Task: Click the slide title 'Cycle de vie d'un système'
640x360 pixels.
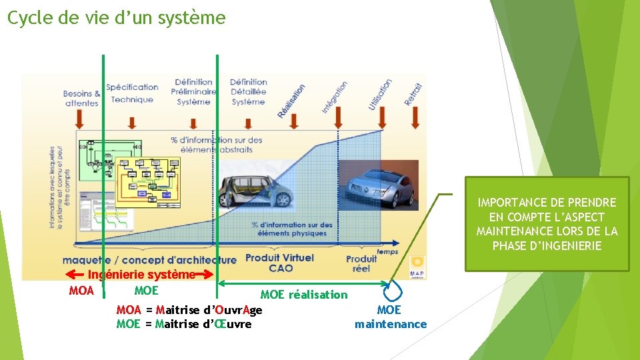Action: click(117, 18)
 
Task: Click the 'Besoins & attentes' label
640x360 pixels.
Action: click(82, 99)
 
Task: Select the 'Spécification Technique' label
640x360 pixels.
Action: click(132, 93)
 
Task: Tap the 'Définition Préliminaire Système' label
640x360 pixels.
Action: click(193, 92)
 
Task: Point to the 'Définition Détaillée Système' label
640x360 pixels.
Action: click(249, 92)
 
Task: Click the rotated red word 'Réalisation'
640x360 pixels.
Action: click(292, 101)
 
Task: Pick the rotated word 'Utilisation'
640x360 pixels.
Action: click(380, 94)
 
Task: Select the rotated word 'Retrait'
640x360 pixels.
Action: click(413, 94)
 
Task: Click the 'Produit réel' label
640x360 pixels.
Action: click(361, 263)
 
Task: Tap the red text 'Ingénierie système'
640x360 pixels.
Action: click(142, 275)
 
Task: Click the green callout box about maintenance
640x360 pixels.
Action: click(547, 224)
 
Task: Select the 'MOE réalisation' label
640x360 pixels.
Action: click(304, 295)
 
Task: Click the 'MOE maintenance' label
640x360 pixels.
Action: click(390, 317)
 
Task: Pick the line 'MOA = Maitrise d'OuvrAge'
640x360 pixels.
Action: click(189, 310)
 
